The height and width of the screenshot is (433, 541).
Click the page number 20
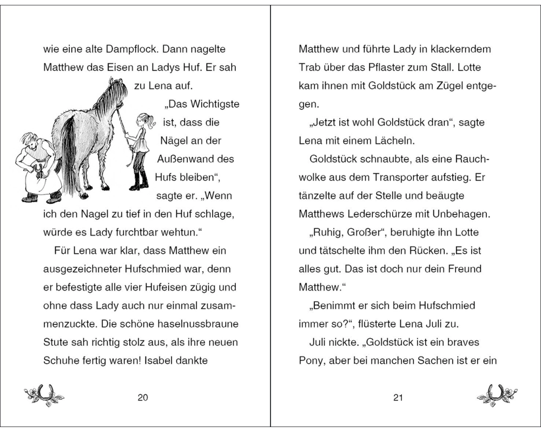(x=143, y=398)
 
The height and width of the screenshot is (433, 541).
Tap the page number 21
(x=398, y=398)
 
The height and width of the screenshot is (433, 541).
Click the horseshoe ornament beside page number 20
(x=44, y=396)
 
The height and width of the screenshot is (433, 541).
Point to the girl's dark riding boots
(x=139, y=180)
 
